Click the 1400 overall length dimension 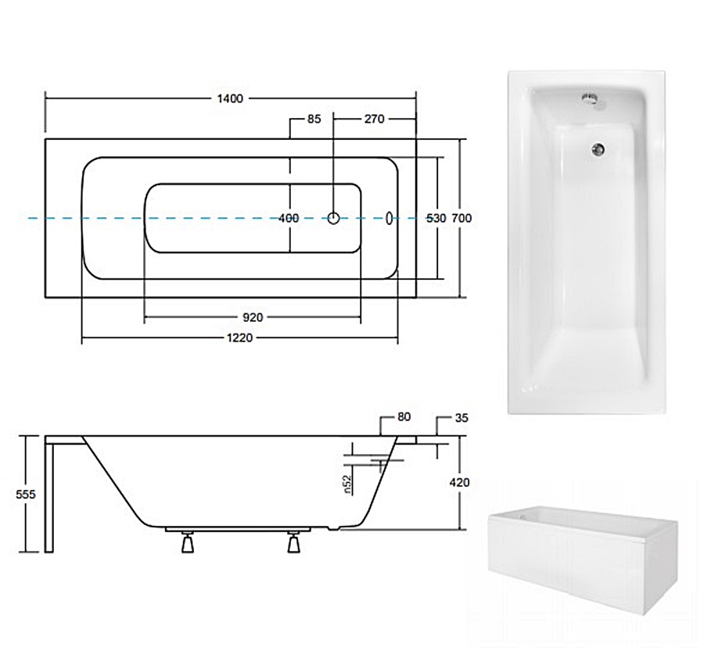tap(230, 98)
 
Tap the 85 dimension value tap(314, 119)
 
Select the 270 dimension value tap(375, 119)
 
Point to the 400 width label tap(289, 218)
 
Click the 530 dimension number tap(436, 218)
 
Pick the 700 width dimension tap(462, 218)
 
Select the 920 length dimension tap(253, 317)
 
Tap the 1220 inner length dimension tap(240, 338)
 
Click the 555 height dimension tap(26, 495)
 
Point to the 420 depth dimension tap(459, 482)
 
